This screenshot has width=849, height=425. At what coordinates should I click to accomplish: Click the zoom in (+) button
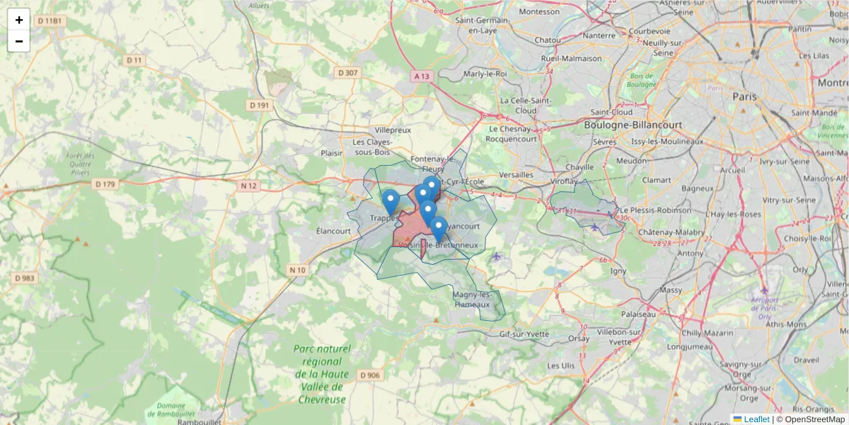pyautogui.click(x=19, y=20)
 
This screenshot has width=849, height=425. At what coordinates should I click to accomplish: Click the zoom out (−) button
pyautogui.click(x=19, y=41)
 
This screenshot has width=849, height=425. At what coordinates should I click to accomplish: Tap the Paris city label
pyautogui.click(x=744, y=96)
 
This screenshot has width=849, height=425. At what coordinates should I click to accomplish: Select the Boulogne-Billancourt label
pyautogui.click(x=633, y=125)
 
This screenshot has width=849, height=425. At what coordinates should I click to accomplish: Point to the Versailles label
pyautogui.click(x=516, y=174)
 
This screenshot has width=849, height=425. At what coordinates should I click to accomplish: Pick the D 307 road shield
pyautogui.click(x=348, y=72)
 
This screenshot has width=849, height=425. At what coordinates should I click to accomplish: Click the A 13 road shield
pyautogui.click(x=422, y=76)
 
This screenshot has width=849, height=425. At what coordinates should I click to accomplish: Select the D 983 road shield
pyautogui.click(x=25, y=278)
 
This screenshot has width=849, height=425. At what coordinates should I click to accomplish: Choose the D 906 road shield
pyautogui.click(x=369, y=375)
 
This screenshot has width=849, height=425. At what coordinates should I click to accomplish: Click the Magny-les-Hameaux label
pyautogui.click(x=471, y=300)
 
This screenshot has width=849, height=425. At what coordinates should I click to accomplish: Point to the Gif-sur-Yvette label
pyautogui.click(x=524, y=333)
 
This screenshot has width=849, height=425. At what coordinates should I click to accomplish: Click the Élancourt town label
pyautogui.click(x=334, y=231)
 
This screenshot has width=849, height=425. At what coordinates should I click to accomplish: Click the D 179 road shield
pyautogui.click(x=104, y=184)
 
